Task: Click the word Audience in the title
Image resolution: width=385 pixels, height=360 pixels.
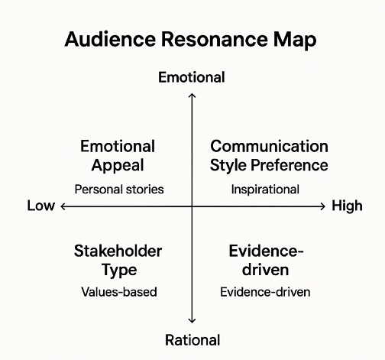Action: click(x=110, y=39)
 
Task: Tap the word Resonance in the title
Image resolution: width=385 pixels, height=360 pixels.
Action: click(x=214, y=39)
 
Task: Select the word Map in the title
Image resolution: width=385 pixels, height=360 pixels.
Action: click(x=295, y=41)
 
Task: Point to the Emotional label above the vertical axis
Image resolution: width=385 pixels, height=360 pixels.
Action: click(x=192, y=77)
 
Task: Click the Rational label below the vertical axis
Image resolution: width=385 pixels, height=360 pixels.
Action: click(x=192, y=340)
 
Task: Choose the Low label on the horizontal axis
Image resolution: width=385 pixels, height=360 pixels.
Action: click(x=41, y=206)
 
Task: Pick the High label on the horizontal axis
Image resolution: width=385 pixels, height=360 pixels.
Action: click(x=347, y=206)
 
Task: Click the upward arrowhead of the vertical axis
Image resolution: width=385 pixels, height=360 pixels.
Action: click(x=192, y=96)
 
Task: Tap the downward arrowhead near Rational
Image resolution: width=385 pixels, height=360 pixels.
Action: click(x=192, y=320)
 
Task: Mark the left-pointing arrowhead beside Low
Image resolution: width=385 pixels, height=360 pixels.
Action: click(x=63, y=206)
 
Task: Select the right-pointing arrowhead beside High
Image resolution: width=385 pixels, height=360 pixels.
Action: click(x=323, y=206)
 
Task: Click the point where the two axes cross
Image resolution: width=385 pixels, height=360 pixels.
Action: click(x=192, y=206)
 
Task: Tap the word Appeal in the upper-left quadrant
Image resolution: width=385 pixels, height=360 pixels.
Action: click(x=118, y=166)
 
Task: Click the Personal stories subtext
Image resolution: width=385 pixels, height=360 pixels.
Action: click(x=119, y=190)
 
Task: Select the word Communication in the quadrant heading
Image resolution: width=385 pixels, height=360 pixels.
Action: click(x=269, y=146)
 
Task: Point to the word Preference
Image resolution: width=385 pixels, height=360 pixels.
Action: click(x=290, y=165)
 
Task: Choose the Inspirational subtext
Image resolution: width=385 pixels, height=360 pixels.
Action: click(x=265, y=190)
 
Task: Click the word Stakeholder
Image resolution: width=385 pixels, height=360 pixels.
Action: click(x=118, y=251)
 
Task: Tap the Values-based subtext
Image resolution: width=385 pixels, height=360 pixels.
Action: click(x=119, y=292)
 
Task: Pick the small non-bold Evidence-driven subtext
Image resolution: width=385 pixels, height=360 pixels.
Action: click(x=265, y=292)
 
